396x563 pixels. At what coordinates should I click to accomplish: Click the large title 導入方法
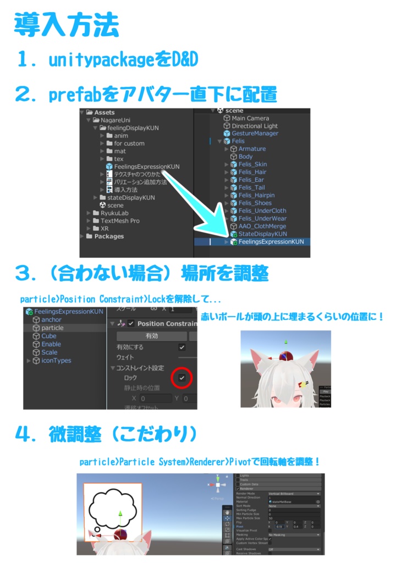[x=65, y=25]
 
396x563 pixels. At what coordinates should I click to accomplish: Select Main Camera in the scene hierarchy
[x=250, y=118]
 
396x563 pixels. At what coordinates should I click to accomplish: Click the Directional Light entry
[x=255, y=126]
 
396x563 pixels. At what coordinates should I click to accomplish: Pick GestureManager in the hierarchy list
[x=255, y=134]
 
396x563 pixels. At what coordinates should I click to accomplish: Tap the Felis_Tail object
[x=251, y=187]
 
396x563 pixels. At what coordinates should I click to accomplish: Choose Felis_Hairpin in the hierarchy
[x=256, y=195]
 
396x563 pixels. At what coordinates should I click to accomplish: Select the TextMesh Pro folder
[x=119, y=220]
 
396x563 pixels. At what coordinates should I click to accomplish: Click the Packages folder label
[x=109, y=236]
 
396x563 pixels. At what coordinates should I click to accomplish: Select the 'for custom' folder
[x=129, y=143]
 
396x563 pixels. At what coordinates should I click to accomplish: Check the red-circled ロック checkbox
[x=182, y=378]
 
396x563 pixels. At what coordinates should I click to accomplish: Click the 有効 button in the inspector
[x=151, y=335]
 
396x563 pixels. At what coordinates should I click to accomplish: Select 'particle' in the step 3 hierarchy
[x=52, y=328]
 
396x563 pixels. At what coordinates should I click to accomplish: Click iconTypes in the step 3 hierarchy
[x=56, y=361]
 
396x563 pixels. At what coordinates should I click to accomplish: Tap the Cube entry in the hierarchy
[x=49, y=336]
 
